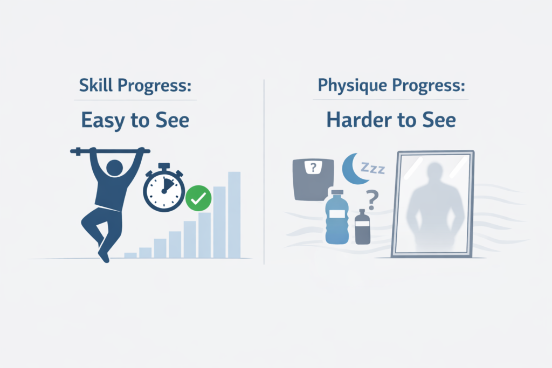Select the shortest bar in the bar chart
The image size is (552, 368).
click(130, 255)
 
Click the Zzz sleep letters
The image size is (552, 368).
click(373, 169)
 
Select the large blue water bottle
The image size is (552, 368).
click(337, 218)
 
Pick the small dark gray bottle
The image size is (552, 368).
click(363, 227)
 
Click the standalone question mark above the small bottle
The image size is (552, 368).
click(371, 198)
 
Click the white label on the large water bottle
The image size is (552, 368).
click(337, 215)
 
